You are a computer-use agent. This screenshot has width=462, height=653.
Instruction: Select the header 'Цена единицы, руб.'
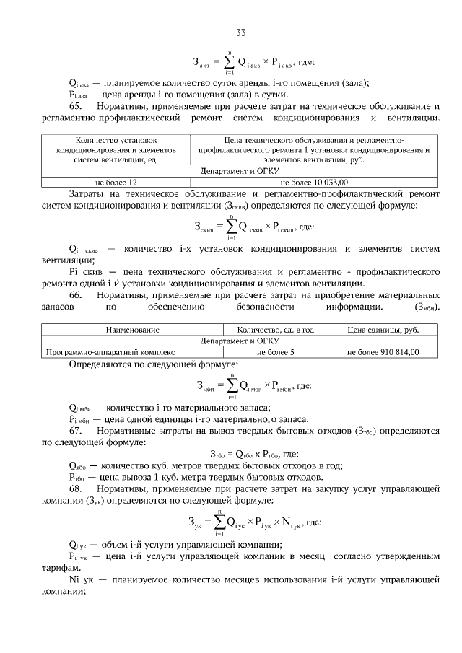coord(383,330)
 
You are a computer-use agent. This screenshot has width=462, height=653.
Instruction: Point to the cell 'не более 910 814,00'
coord(383,352)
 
